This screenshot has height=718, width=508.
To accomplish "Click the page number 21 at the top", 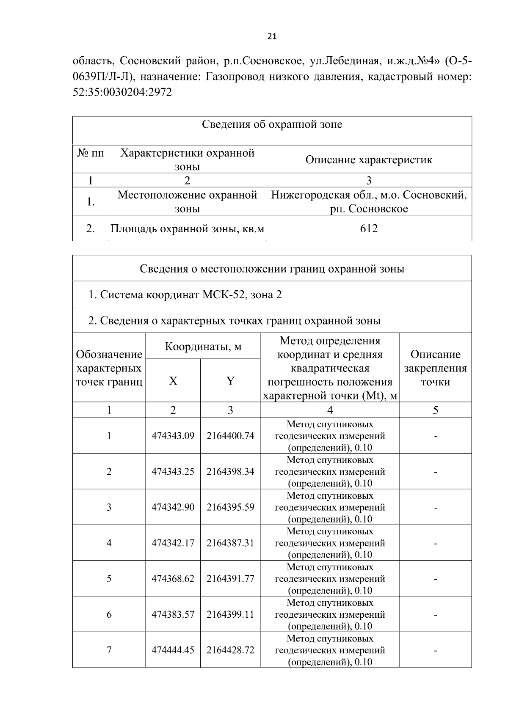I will coord(272,37).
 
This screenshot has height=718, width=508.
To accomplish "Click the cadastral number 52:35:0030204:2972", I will coord(122,92).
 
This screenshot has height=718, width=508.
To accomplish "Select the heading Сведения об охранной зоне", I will coord(272,124).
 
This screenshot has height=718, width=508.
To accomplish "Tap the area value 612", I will coord(369,228).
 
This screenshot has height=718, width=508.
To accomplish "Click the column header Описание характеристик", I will coord(369,160).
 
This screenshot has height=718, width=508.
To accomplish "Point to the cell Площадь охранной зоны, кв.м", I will coord(187,229).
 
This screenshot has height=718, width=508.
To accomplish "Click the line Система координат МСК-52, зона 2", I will coord(185,294).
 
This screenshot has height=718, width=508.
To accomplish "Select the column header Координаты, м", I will coord(203,347).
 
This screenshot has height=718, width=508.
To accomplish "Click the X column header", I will coord(173,381).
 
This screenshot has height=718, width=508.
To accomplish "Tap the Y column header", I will coord(230,381).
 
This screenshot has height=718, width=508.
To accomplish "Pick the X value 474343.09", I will coord(173,436).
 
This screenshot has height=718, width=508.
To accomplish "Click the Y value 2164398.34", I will coord(230,471).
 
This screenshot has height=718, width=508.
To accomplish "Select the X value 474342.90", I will coord(173,507).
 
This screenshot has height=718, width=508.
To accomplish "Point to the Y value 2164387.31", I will coord(230,543).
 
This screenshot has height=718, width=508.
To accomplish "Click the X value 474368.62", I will coord(173,578).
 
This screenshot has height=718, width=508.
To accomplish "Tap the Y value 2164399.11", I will coord(230,614).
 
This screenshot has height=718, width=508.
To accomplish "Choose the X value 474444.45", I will coord(173,650).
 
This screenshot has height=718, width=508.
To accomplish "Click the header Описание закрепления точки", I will coord(435,368).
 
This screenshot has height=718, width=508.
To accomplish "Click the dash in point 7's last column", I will coord(435,650).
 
